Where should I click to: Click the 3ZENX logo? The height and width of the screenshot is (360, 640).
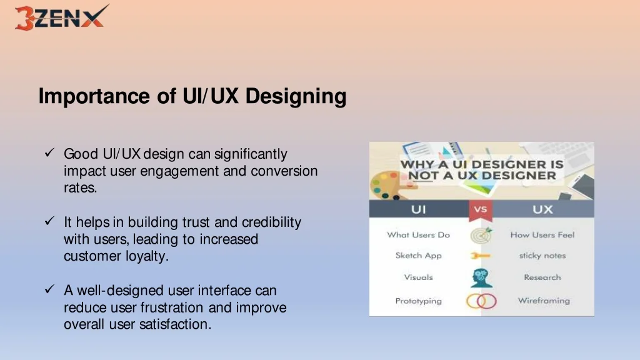coord(60,17)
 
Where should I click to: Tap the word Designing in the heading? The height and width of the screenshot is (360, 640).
coord(296,97)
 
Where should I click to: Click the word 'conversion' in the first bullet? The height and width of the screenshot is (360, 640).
coord(284,171)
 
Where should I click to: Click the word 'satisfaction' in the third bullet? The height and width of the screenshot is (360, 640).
coord(179,324)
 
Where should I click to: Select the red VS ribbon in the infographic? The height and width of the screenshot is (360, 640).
coord(480,210)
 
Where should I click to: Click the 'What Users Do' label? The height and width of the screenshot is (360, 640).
coord(418,235)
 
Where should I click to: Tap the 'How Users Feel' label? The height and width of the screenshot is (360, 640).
coord(542,235)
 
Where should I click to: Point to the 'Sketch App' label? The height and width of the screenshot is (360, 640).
coord(418,256)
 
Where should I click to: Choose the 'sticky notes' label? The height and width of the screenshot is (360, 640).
coord(542,256)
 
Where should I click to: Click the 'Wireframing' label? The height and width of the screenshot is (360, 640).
coord(543,301)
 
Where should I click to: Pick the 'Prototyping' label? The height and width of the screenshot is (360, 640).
coord(418,301)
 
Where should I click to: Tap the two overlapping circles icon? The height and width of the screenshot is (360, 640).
coord(481,301)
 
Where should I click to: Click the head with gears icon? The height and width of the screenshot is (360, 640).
coord(481,277)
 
